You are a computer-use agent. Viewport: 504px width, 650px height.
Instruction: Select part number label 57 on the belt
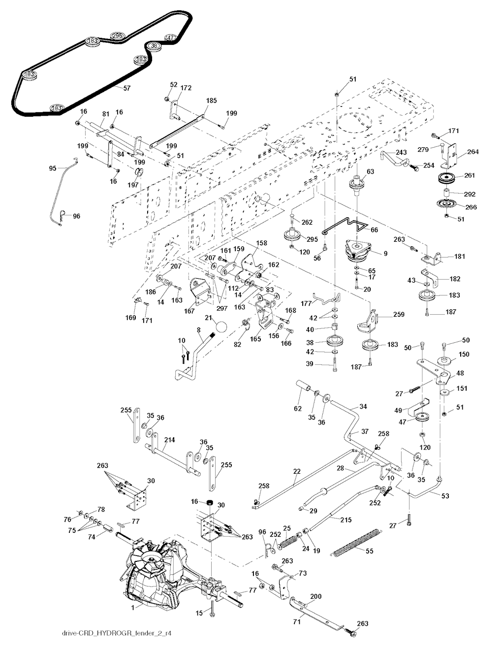(x=126, y=88)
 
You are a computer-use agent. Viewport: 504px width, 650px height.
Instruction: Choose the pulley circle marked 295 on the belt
(x=117, y=36)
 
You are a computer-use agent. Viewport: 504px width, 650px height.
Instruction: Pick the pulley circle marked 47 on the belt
(x=170, y=37)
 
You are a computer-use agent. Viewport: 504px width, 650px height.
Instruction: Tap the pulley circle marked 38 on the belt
(x=154, y=46)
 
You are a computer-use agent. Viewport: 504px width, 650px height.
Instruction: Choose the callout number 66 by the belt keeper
(x=375, y=230)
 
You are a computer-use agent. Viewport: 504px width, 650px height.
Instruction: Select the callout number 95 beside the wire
(x=53, y=169)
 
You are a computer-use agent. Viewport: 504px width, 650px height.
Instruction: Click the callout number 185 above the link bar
(x=211, y=100)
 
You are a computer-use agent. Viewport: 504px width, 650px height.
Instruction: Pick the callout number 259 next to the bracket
(x=385, y=314)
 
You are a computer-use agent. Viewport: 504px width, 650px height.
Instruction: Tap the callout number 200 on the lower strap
(x=315, y=596)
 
